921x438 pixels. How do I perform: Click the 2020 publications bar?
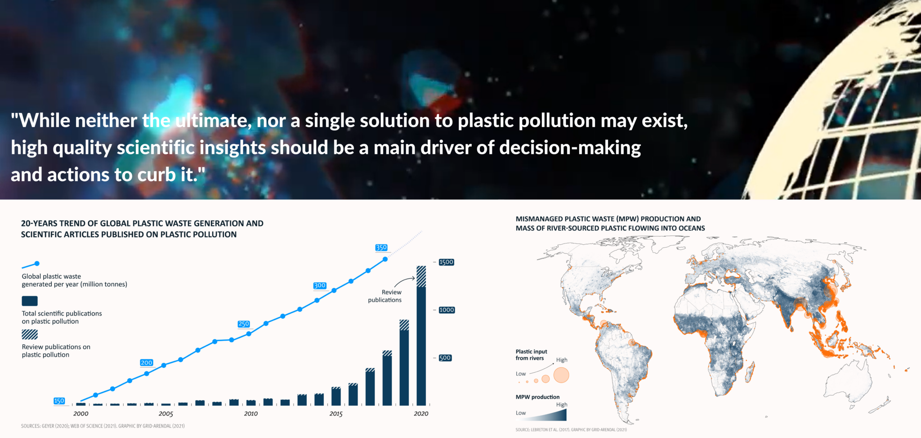point(421,335)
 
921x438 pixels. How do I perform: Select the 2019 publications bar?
point(404,362)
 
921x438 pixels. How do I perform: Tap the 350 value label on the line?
point(381,248)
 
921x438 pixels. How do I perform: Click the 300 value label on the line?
point(320,285)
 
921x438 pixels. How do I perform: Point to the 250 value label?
point(244,324)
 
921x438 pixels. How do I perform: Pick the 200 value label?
point(147,362)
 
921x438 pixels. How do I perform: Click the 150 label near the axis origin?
point(59,401)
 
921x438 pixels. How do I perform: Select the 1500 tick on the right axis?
point(447,262)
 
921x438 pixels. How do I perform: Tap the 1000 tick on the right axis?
point(447,310)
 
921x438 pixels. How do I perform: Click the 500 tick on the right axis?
point(445,358)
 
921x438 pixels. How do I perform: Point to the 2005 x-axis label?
point(166,414)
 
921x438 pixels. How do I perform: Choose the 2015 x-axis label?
point(336,414)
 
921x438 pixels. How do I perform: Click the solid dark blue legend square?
point(30,301)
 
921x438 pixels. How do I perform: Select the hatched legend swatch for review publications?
point(30,334)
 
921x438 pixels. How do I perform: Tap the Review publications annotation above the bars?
point(385,296)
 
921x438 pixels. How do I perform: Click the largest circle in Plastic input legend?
point(561,375)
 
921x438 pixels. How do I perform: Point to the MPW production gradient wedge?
point(558,415)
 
